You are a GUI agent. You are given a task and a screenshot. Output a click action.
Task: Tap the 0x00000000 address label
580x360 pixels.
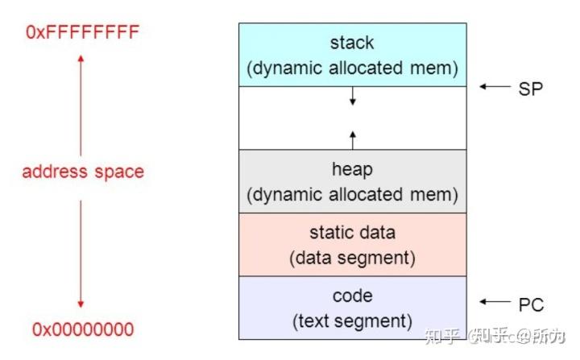83,329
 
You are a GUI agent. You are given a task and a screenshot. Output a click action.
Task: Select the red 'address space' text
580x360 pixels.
83,172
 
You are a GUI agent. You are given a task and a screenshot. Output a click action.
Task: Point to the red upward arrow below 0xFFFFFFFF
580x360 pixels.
81,105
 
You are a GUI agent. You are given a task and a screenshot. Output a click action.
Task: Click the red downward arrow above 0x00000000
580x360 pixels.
81,254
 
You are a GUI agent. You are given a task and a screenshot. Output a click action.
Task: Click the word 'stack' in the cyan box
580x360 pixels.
352,42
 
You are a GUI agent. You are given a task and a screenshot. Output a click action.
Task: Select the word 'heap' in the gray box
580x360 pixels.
352,169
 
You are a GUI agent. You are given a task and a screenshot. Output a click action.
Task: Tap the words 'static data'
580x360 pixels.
352,233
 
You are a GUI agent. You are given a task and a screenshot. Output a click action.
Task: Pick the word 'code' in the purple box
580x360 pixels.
352,296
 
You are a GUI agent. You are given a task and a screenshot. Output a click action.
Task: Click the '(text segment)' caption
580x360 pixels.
352,321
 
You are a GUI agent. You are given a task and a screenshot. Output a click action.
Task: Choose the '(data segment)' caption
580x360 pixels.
352,259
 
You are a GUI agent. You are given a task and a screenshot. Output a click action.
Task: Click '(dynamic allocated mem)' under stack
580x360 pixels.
352,68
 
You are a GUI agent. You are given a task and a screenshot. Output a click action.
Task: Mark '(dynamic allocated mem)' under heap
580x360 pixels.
352,195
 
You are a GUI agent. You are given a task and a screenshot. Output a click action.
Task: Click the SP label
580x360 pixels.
531,88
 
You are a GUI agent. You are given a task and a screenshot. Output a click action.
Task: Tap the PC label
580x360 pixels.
531,304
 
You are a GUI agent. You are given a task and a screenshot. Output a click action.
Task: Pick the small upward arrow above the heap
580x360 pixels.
352,134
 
